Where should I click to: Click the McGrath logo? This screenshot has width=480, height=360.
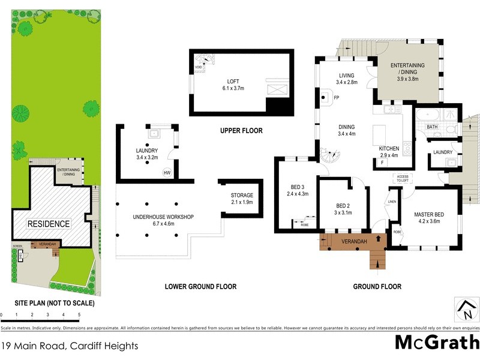[436, 343]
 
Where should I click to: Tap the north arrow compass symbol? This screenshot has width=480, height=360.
[464, 310]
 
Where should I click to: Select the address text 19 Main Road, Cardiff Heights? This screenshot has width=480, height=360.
[70, 346]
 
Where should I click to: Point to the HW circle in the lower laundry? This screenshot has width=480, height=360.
[166, 173]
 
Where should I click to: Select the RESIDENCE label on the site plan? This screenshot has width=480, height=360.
[48, 224]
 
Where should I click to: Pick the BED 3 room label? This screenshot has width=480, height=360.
[297, 190]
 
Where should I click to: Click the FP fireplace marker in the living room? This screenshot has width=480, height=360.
[337, 97]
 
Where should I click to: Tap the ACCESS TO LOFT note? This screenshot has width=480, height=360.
[401, 178]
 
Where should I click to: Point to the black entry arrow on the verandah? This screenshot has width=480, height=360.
[377, 238]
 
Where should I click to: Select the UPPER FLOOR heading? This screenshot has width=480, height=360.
[241, 131]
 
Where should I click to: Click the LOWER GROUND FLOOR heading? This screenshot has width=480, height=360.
[200, 287]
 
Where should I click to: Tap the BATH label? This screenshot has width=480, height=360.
[432, 127]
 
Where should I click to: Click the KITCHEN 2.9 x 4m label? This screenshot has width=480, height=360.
[389, 151]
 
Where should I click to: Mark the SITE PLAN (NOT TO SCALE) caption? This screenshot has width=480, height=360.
[47, 304]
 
